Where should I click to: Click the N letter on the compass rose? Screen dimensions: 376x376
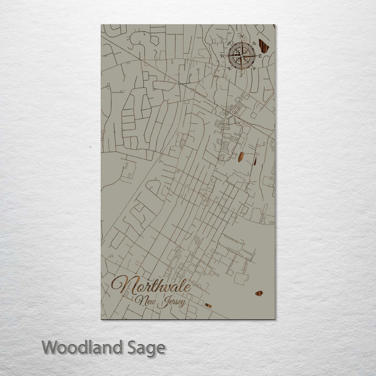coord(242,36)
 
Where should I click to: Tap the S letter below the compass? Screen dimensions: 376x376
coord(241,75)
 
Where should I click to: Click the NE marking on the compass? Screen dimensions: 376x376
coord(254,44)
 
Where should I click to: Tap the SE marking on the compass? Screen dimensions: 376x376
coord(254,68)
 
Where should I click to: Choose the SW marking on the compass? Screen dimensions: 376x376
coord(229,68)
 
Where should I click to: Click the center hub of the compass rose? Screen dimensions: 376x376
coord(241,56)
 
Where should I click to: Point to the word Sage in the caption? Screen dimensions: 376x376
coord(151,348)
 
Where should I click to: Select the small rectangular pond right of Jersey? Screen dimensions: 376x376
coord(208,306)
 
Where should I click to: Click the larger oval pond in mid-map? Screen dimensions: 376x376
coord(241,157)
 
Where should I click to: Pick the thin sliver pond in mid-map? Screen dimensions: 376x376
coord(255,161)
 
